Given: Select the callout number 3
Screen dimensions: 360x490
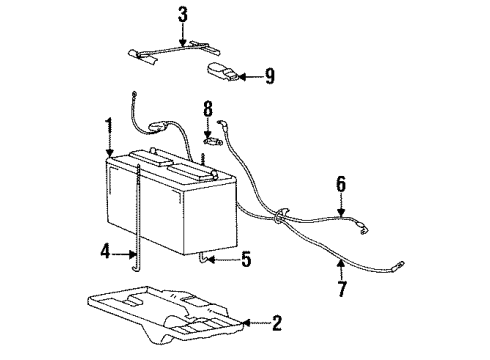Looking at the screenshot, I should [183, 14].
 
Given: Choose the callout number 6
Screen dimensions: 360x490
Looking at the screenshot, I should [341, 183].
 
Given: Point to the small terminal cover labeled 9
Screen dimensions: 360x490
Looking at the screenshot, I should [221, 72].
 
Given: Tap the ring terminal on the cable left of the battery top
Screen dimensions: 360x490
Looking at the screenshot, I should [135, 95].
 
